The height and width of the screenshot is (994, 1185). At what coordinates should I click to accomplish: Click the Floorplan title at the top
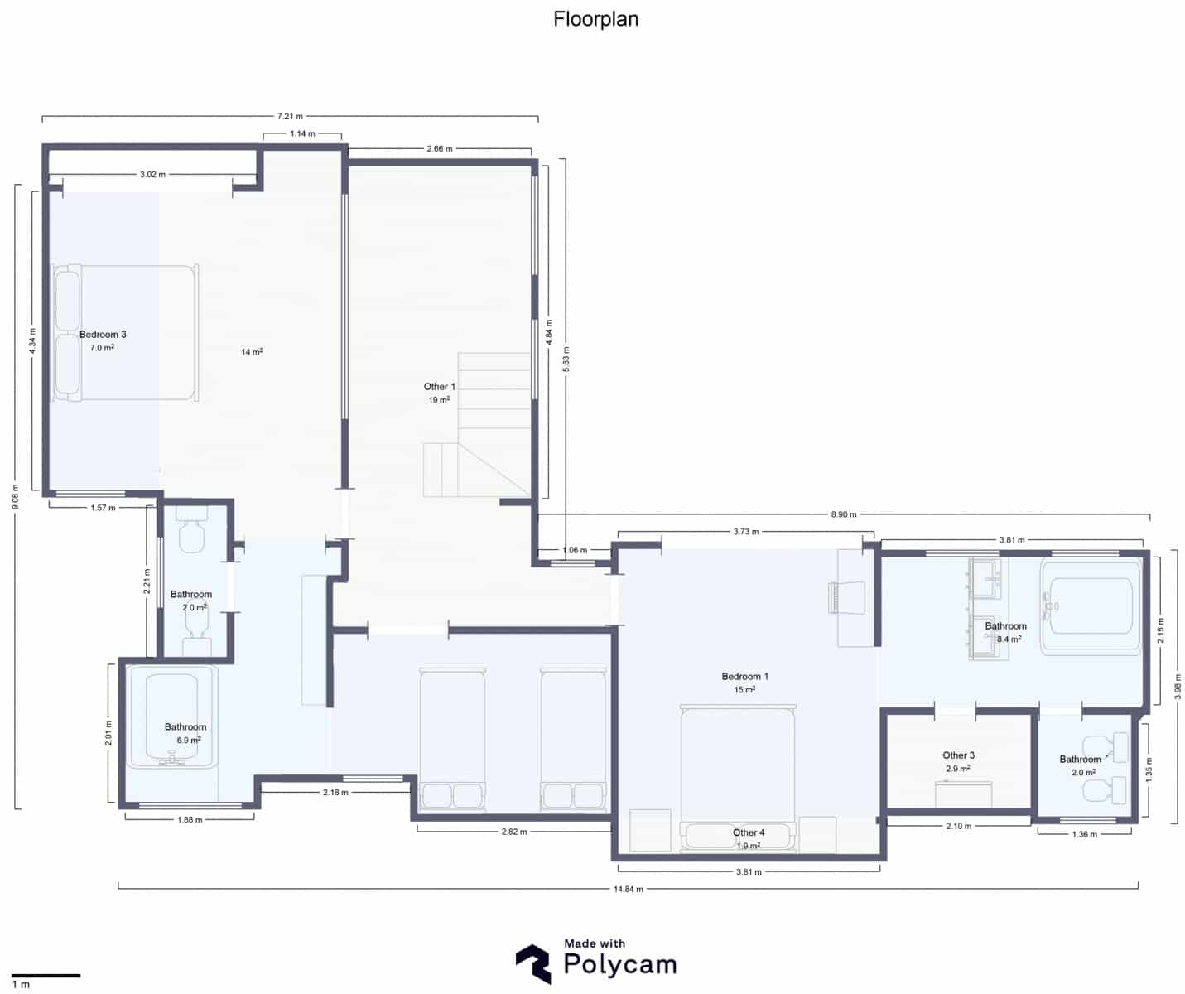595,19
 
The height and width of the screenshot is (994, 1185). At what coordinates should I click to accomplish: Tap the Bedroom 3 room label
103,335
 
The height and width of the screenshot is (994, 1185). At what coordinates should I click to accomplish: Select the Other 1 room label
439,387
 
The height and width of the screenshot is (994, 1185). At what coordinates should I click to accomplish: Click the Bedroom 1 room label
744,677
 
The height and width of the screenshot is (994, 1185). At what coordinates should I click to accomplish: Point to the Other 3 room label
958,755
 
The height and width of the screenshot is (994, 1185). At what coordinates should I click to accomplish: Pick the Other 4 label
749,832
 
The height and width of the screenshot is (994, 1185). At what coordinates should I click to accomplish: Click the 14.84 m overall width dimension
629,889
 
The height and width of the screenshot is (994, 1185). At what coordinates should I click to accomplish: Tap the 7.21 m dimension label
290,116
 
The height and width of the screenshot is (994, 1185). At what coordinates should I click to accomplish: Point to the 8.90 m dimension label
844,514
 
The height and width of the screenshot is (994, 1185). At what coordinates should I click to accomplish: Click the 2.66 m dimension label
439,149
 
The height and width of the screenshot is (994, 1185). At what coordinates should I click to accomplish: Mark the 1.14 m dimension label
302,133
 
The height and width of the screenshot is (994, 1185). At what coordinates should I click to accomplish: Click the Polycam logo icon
532,964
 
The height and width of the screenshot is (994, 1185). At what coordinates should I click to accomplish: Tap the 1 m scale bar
46,976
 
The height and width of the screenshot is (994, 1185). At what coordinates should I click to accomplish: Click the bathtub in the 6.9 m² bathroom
171,719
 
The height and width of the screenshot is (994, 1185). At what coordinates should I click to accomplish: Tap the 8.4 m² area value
1008,639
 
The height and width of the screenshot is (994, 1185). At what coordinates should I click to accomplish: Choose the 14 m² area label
252,352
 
